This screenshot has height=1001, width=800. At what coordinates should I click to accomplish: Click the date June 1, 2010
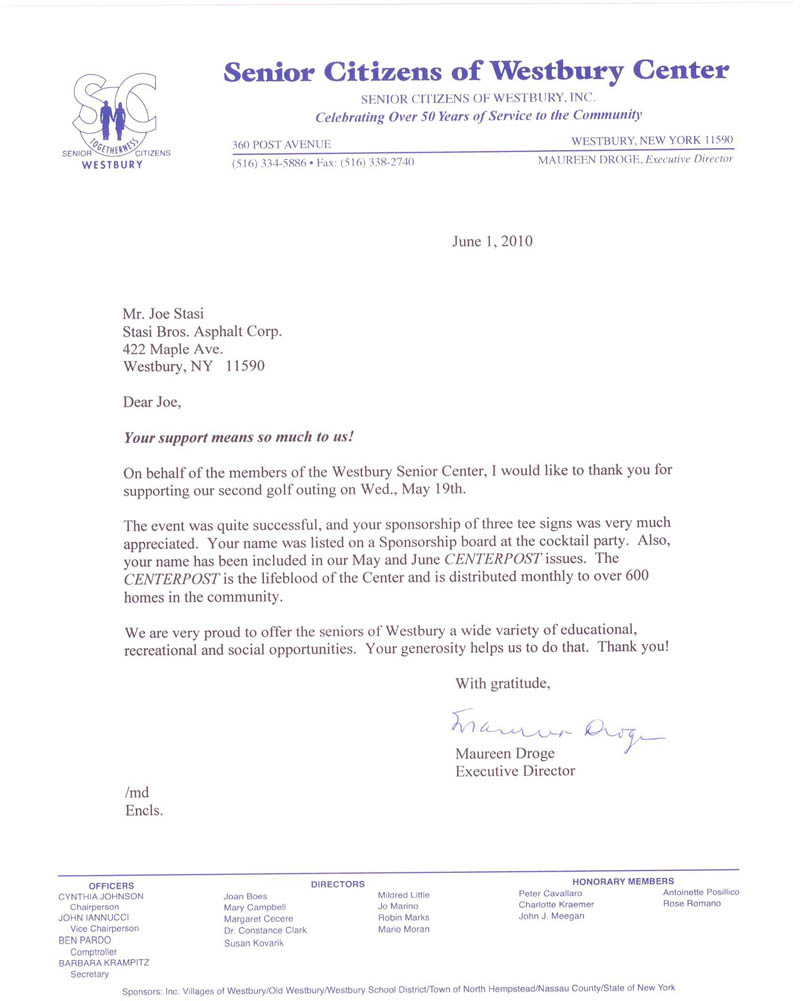point(492,241)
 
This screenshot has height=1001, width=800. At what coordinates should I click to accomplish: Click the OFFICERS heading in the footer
point(111,886)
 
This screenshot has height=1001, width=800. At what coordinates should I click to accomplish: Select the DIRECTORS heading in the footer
point(338,884)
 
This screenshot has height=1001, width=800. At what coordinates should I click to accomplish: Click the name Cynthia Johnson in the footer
point(102,897)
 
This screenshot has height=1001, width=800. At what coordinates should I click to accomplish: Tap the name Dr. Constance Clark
point(265,930)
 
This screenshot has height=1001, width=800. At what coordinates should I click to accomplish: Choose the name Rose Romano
point(691,904)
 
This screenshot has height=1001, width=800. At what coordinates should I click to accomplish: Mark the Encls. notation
point(143,810)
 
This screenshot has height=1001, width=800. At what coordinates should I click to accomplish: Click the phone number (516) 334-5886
point(271,162)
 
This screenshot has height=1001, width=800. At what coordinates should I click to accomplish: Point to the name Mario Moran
point(404,929)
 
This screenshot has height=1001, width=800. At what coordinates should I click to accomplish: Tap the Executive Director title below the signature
point(515,771)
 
